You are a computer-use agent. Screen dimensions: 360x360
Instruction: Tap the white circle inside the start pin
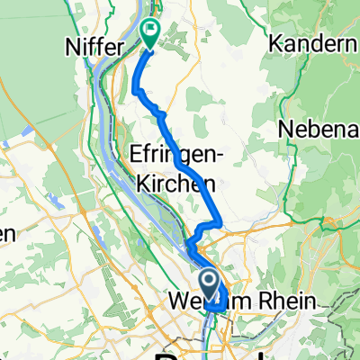pyautogui.click(x=208, y=283)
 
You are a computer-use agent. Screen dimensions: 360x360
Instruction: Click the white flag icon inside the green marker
pyautogui.click(x=149, y=30)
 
